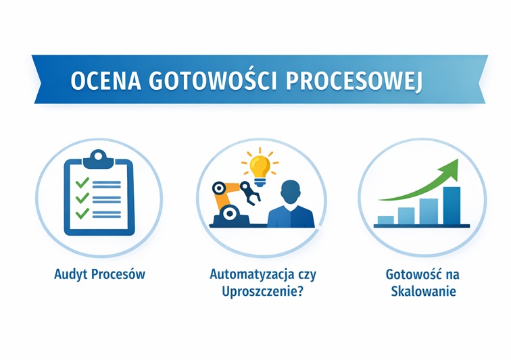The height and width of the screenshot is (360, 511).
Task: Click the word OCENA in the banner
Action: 106,80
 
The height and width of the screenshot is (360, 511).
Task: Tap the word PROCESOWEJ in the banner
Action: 354,82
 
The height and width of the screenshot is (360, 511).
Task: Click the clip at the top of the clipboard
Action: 99,159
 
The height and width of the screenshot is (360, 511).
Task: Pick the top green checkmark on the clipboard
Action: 82,183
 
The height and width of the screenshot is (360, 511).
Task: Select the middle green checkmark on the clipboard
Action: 82,198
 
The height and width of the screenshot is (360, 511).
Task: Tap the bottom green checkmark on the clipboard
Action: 82,213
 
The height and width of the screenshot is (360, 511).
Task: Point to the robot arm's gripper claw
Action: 250,193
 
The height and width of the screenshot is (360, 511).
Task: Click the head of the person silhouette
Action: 291,192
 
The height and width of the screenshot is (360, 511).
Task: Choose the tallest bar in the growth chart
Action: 452,205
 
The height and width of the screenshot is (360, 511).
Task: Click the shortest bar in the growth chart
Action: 385,220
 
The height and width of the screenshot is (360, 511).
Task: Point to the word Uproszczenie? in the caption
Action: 262,292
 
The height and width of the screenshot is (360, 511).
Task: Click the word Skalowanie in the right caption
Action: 423,291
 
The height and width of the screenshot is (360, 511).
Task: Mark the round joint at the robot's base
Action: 229,213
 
